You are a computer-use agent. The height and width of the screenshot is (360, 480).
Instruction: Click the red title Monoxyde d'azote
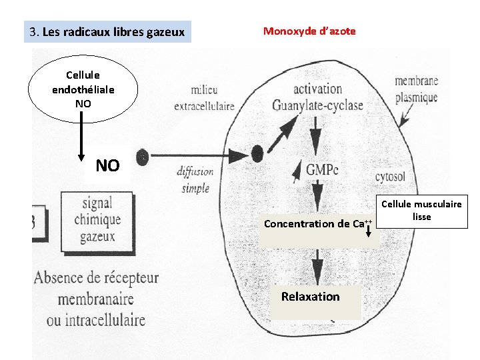click(309, 31)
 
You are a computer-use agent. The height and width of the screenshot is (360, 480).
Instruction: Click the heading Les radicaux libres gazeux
click(107, 32)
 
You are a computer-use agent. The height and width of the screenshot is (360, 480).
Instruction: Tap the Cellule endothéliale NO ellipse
click(83, 89)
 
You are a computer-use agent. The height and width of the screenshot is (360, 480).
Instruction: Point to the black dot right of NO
click(142, 157)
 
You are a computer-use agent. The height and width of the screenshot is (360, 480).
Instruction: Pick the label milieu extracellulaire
click(204, 98)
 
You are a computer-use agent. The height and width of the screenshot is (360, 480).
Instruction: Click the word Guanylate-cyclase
click(317, 105)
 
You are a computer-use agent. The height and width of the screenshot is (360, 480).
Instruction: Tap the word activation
click(317, 89)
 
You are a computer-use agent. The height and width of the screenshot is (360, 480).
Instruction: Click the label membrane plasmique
click(415, 89)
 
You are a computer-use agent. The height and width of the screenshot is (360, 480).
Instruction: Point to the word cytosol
click(390, 177)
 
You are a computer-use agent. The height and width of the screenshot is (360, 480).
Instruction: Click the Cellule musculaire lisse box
click(421, 211)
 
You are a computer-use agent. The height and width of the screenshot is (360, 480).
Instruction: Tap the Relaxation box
click(310, 297)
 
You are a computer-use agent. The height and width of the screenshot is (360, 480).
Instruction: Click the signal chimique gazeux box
click(97, 219)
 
